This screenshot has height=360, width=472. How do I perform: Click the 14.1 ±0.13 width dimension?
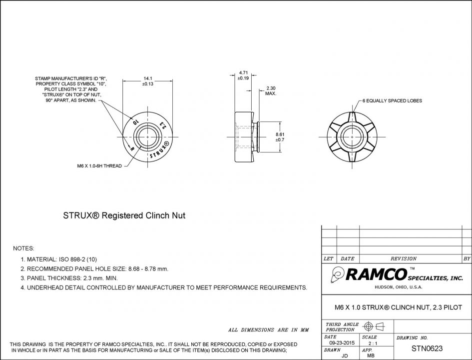click(x=148, y=81)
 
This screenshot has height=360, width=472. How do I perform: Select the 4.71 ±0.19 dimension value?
click(x=243, y=75)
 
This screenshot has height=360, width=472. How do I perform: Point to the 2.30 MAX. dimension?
click(x=271, y=90)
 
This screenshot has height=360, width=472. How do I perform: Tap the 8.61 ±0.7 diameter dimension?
click(x=280, y=137)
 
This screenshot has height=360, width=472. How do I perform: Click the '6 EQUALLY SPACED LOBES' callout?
click(x=392, y=101)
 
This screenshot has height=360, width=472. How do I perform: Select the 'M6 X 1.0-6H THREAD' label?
click(x=99, y=166)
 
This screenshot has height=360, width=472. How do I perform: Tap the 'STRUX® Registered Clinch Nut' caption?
click(x=124, y=215)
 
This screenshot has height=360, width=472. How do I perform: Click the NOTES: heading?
click(x=23, y=248)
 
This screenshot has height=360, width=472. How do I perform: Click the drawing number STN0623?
click(x=427, y=348)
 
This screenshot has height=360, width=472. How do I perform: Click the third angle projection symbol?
click(x=374, y=327)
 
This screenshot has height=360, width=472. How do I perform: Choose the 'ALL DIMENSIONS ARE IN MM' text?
click(x=269, y=330)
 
